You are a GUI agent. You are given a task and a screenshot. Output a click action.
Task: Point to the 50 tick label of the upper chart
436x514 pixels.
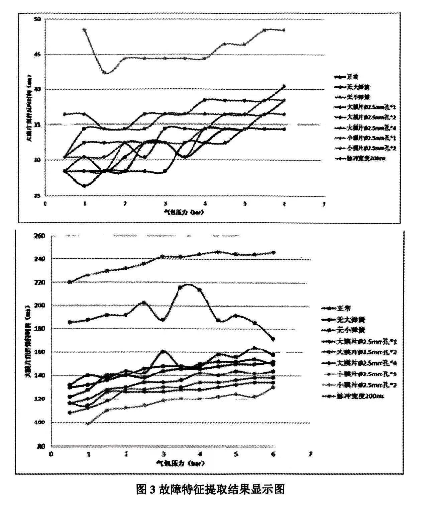37,19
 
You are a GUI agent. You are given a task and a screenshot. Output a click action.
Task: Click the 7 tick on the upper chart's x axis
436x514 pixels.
324,204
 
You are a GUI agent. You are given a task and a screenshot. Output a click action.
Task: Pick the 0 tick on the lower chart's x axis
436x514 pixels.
51,454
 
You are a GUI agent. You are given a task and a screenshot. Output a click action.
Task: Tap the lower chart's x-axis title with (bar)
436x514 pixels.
180,463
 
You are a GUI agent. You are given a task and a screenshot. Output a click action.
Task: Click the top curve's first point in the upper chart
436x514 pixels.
85,30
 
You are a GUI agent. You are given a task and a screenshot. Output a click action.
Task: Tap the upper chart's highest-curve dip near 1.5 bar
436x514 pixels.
105,72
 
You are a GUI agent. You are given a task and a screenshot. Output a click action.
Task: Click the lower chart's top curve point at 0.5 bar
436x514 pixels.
70,282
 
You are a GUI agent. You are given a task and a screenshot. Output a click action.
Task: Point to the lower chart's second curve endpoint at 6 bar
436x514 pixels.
273,339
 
